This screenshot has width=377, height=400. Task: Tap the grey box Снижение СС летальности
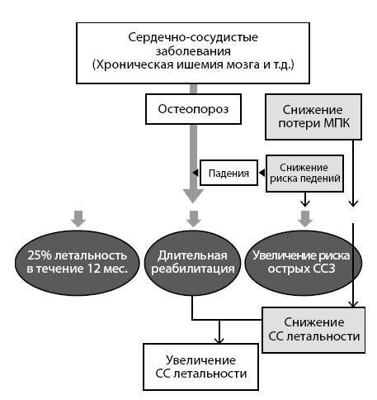[x=313, y=328]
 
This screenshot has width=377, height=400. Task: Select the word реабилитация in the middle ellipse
[x=191, y=266]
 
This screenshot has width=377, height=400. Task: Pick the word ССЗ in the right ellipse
[x=324, y=266]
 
